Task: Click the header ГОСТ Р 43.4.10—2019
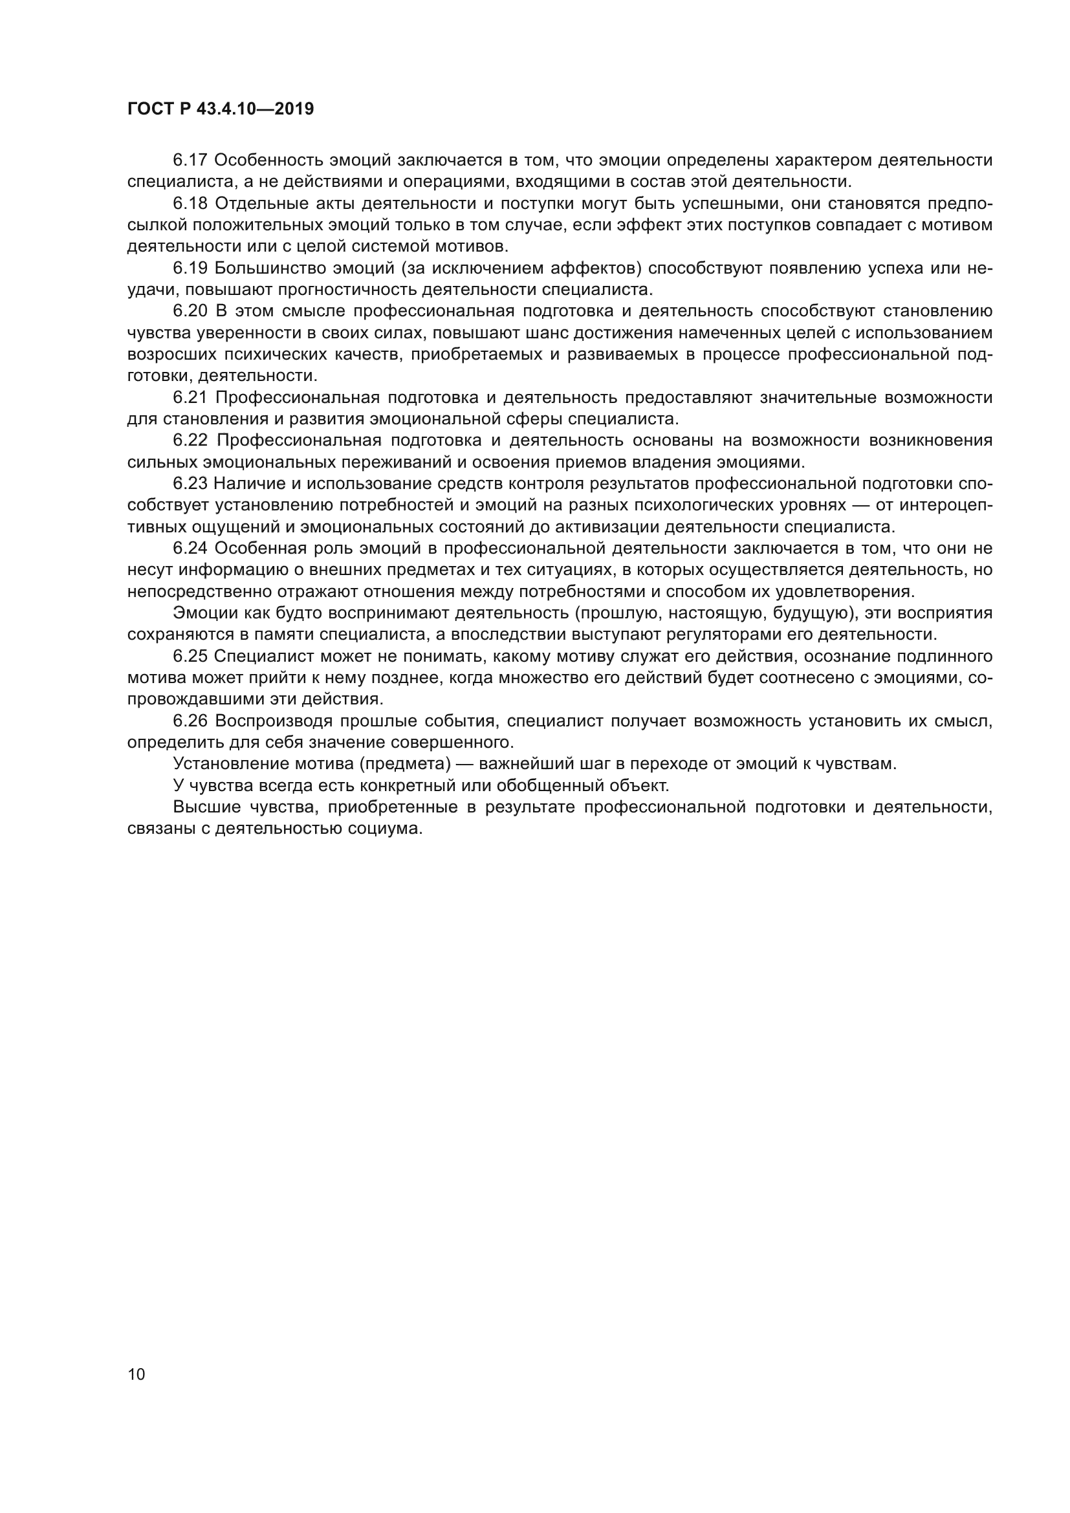point(220,109)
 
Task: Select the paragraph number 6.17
point(190,160)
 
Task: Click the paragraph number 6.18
point(190,204)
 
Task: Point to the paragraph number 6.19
point(190,268)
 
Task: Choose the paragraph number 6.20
point(190,311)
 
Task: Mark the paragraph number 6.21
point(190,397)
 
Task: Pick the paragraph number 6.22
point(191,441)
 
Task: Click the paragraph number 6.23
point(190,484)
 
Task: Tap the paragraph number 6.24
point(190,549)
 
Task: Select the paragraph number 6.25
point(190,657)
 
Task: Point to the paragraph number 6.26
point(190,721)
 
